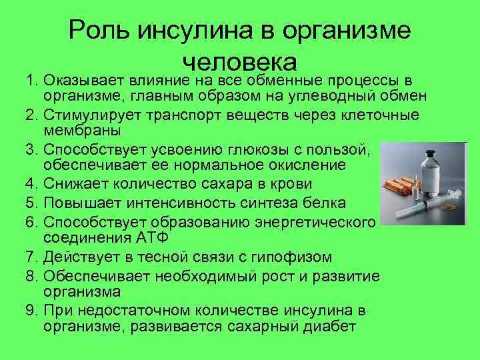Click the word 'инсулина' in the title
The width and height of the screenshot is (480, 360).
pos(191,31)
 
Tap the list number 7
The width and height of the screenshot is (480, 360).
pos(31,257)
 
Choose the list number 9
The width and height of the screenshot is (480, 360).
pos(31,311)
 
